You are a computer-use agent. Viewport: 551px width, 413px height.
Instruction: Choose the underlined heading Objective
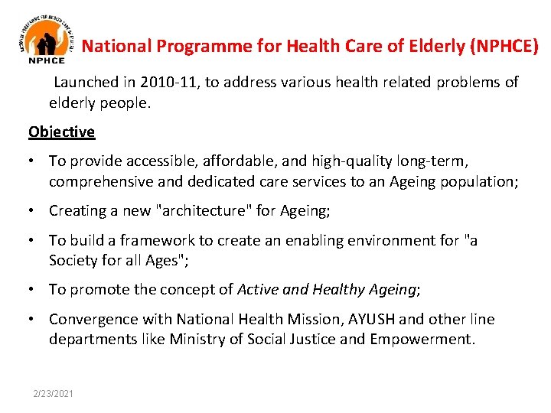click(x=61, y=132)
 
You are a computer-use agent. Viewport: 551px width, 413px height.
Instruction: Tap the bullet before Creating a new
click(x=32, y=210)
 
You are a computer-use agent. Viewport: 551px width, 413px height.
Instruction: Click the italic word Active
click(x=257, y=289)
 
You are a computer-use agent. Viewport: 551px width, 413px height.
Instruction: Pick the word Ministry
click(x=197, y=339)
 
